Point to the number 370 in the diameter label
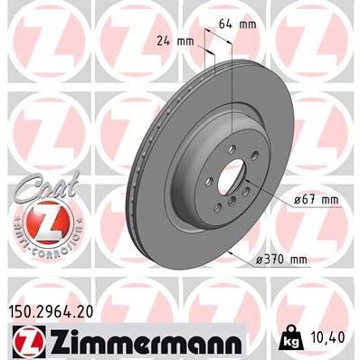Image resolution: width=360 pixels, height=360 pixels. (278, 261)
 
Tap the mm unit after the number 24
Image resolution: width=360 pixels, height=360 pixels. (186, 40)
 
